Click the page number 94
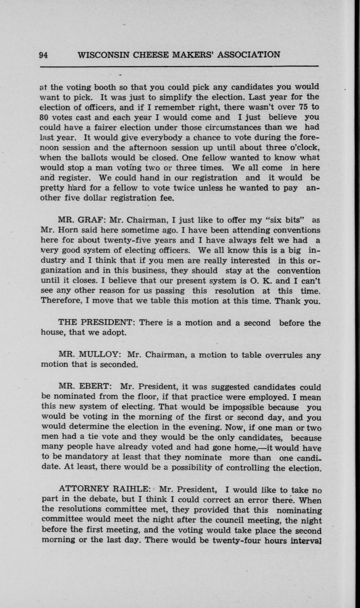coord(43,55)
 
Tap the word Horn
coord(67,230)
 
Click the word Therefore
coord(61,301)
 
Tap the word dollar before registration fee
coord(91,198)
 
